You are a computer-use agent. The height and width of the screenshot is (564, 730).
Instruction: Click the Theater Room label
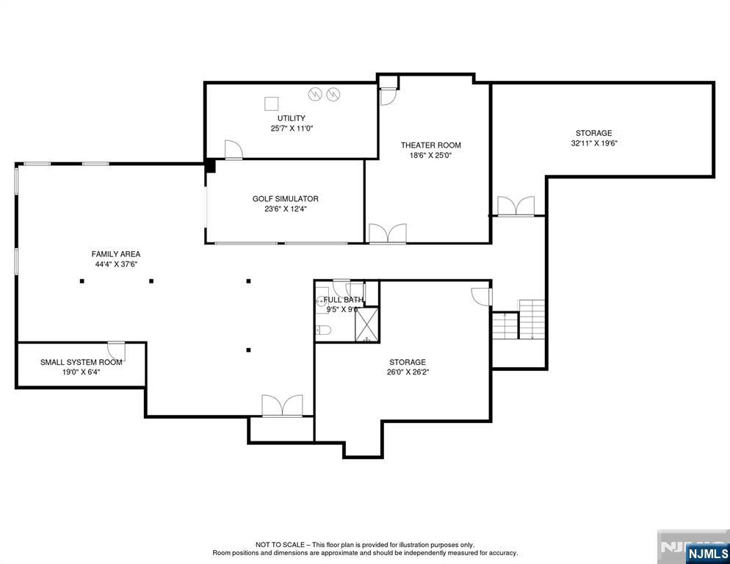click(x=430, y=145)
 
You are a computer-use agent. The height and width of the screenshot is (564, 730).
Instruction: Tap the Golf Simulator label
click(x=286, y=199)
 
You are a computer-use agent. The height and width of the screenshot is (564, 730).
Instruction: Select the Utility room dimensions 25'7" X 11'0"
click(x=292, y=129)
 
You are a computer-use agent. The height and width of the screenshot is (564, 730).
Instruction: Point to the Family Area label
click(x=116, y=254)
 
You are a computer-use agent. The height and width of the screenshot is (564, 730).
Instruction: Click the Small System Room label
click(x=82, y=362)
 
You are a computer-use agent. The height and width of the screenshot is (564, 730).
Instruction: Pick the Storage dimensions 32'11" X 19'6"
click(x=593, y=143)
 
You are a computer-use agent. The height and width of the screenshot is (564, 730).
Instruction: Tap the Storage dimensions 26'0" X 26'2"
click(x=408, y=372)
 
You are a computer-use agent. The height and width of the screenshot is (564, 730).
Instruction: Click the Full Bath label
click(x=344, y=300)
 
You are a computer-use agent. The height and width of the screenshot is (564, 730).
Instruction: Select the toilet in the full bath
click(x=323, y=330)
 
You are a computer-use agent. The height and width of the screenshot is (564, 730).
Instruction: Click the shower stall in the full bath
click(x=367, y=325)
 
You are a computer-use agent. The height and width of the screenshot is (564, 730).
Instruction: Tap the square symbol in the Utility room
click(x=272, y=104)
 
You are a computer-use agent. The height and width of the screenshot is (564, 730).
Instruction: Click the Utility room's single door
click(x=234, y=150)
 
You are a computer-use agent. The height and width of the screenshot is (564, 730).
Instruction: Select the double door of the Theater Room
click(x=387, y=234)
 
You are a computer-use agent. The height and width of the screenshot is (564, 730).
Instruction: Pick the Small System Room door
click(x=116, y=351)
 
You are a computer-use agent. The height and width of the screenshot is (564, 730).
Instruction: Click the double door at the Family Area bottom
click(x=282, y=405)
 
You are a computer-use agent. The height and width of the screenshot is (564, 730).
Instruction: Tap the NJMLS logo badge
click(x=706, y=553)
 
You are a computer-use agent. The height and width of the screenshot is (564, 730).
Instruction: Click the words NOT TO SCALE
click(x=281, y=544)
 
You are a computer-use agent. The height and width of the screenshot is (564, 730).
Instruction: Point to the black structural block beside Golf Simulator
click(x=211, y=166)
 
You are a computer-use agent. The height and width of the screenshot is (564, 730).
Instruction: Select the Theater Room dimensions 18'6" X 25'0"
click(x=430, y=156)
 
